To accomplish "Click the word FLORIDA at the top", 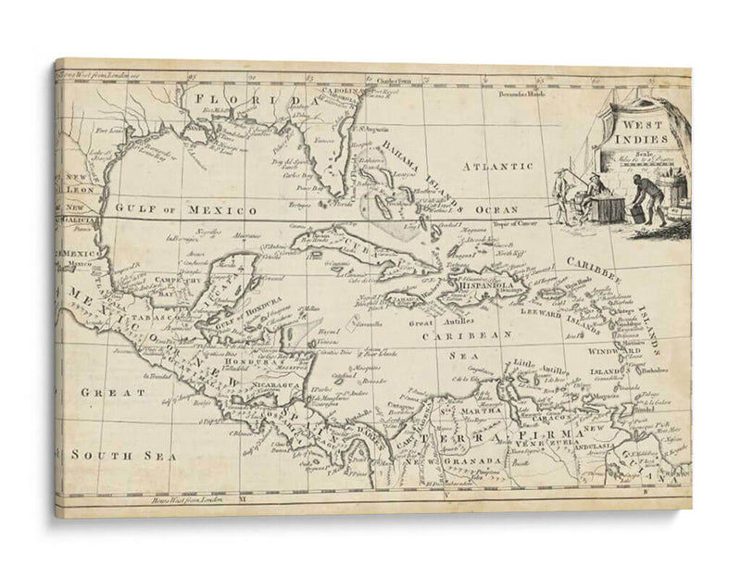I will coord(244,98).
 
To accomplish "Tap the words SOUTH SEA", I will coord(109,455).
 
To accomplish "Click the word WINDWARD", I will coord(613,352).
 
